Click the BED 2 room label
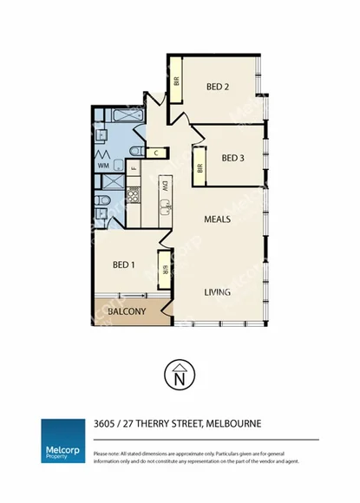218,86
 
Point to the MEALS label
217,219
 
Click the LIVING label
217,292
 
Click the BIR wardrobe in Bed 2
176,82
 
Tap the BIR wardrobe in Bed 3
200,170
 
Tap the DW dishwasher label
163,186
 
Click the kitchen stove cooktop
134,194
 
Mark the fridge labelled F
133,167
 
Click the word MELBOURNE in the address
232,424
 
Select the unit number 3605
107,424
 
